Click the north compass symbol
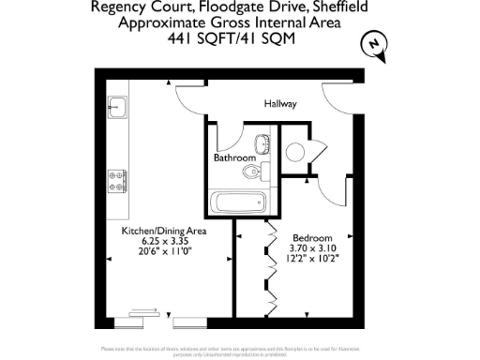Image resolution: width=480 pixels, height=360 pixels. click(375, 44)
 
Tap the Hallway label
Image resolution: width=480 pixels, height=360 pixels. click(280, 104)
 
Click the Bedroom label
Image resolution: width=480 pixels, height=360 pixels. click(308, 236)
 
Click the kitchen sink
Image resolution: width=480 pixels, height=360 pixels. click(117, 108)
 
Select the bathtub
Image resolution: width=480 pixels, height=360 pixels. click(235, 202)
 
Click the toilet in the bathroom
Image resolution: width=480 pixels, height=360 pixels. click(249, 173)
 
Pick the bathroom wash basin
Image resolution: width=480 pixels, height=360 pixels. click(264, 143)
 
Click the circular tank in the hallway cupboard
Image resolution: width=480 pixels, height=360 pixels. click(299, 153)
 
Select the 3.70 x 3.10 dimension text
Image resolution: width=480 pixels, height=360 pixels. click(308, 247)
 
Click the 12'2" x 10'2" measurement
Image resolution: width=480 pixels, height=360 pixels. click(308, 257)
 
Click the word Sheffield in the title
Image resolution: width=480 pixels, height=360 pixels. click(329, 7)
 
